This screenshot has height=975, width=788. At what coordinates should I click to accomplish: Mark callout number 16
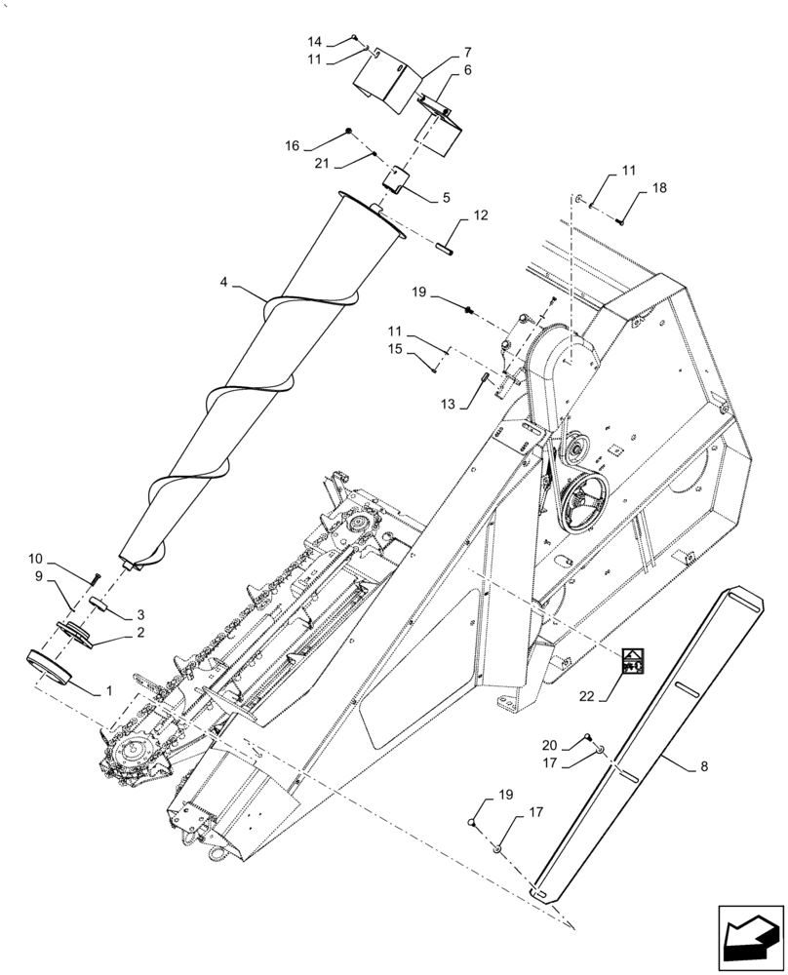tap(293, 145)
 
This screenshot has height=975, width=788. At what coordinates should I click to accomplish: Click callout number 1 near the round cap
tap(109, 690)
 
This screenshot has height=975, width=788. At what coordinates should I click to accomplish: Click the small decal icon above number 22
tap(635, 662)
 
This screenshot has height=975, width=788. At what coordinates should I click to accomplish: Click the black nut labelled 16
tap(348, 132)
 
